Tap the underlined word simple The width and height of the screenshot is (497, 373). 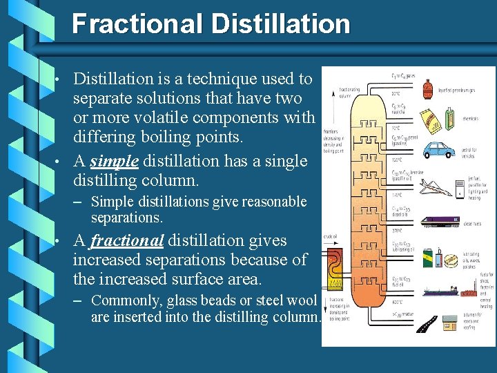[x=115, y=162]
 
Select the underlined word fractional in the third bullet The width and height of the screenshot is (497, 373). [x=126, y=241]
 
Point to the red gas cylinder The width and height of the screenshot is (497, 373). [x=428, y=88]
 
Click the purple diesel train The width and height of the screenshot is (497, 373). [x=442, y=222]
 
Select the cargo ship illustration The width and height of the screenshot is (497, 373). [x=445, y=291]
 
